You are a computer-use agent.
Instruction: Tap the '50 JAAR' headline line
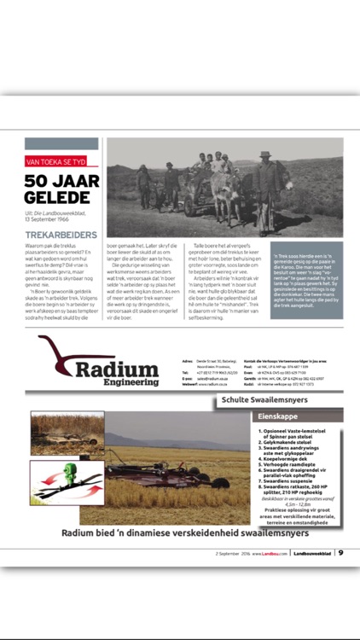pos(63,180)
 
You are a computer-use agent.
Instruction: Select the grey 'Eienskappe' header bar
pos(299,416)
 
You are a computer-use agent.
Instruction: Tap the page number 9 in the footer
pos(340,552)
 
